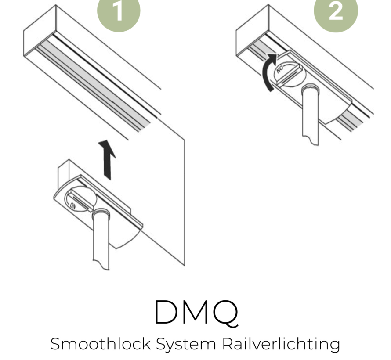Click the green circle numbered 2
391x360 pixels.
[x=336, y=11]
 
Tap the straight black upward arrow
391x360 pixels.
[x=107, y=160]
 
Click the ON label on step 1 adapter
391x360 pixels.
[x=73, y=205]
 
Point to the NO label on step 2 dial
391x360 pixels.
[x=280, y=70]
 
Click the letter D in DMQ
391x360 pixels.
[x=169, y=313]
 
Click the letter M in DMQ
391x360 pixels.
[x=196, y=313]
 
